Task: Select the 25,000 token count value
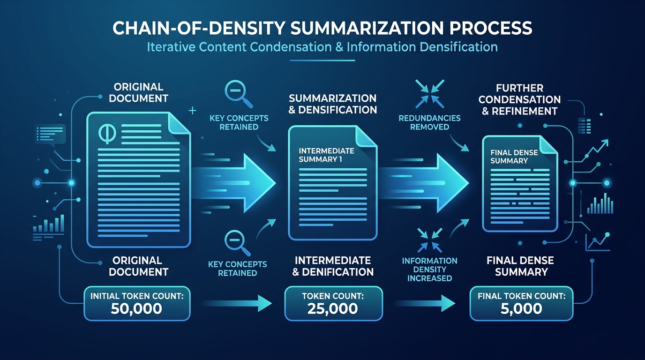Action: (x=333, y=309)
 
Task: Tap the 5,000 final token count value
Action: (x=521, y=308)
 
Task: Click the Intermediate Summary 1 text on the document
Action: (x=326, y=155)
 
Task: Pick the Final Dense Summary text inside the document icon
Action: (x=510, y=157)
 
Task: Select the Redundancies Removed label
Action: (x=429, y=122)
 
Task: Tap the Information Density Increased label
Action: (x=429, y=269)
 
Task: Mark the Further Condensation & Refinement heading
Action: (x=519, y=99)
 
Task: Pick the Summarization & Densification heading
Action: (x=332, y=104)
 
